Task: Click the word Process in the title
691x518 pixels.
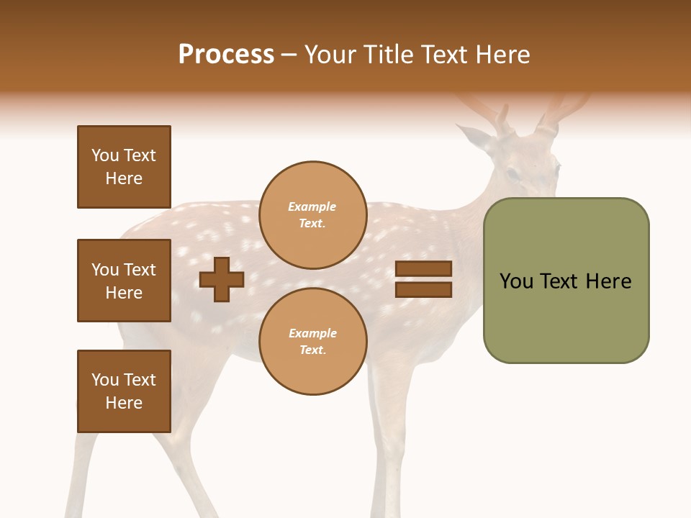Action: coord(226,55)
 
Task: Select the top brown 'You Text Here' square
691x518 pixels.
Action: coord(124,167)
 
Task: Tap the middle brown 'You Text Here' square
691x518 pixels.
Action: coord(124,281)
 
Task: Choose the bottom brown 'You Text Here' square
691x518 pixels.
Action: coord(124,391)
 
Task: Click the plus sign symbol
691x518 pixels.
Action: coord(222,279)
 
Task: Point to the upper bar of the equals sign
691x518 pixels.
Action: coord(424,269)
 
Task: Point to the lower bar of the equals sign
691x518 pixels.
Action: coord(424,290)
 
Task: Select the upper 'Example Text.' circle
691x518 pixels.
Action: coord(312,215)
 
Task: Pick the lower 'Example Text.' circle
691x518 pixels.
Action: coord(312,342)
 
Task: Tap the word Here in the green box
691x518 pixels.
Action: coord(608,281)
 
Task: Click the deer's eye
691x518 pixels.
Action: coord(512,174)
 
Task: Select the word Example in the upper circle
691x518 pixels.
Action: coord(312,206)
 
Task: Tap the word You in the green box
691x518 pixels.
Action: coord(516,281)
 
